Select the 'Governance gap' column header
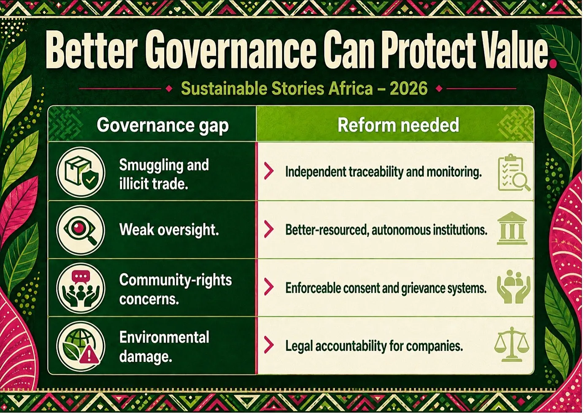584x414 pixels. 163,125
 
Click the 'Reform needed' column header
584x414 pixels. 398,125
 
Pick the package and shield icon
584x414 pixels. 81,172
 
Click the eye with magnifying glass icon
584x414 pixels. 81,230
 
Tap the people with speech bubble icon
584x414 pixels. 81,288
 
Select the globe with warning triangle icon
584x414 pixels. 81,346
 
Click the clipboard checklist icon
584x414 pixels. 514,173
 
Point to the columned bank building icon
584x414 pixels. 512,228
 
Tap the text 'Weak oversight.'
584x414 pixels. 169,230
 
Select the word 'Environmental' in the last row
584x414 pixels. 164,337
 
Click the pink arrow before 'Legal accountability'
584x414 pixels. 269,345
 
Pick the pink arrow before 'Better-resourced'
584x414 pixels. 269,229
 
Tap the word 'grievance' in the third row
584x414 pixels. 426,289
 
